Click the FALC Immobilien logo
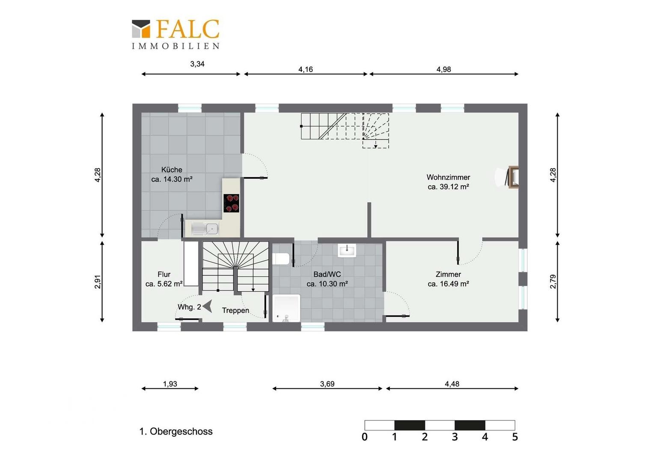coord(175,34)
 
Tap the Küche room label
coord(172,170)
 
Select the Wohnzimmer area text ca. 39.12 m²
coord(448,187)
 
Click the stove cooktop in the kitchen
coord(232,203)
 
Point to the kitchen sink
coord(205,228)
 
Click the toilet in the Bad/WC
coord(281,259)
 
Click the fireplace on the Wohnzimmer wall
coord(513,177)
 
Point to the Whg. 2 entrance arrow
coord(208,306)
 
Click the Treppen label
coord(235,311)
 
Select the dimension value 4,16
coord(306,69)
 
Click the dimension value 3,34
coord(197,64)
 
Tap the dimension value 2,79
coord(553,281)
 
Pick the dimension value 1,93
coord(170,384)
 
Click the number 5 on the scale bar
coord(515,437)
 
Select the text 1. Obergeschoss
coord(176,432)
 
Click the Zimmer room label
coord(448,275)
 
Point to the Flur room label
coord(164,275)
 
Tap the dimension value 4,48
coord(452,384)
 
